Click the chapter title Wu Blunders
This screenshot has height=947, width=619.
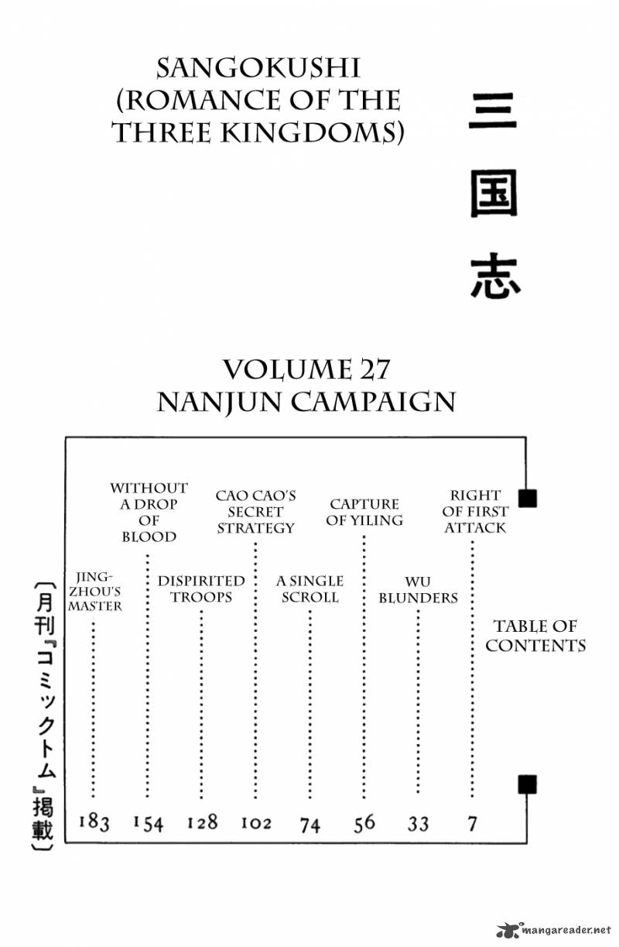(418, 590)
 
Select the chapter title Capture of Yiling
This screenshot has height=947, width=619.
(364, 512)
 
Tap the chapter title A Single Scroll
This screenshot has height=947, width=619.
(309, 589)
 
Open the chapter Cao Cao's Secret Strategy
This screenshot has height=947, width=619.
(255, 512)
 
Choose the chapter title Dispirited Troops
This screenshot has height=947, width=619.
(201, 589)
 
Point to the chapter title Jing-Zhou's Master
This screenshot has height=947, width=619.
(94, 592)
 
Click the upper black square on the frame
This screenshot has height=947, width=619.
(528, 498)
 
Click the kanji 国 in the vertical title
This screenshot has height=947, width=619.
(494, 194)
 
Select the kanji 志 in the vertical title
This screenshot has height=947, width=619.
(494, 276)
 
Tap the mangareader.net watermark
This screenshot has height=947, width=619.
(554, 930)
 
